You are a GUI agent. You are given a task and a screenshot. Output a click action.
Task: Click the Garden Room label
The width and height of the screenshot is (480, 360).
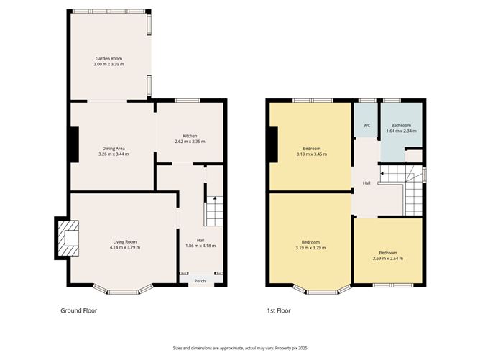click(x=109, y=58)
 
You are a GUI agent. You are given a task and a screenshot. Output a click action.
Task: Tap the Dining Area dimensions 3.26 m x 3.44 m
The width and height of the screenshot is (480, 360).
click(x=114, y=154)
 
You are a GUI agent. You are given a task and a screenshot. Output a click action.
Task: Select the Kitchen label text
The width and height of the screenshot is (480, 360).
click(x=190, y=136)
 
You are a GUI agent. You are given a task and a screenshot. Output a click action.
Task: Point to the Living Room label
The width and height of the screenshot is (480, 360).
click(x=125, y=242)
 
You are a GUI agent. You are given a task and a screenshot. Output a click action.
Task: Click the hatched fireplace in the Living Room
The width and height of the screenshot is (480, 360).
click(x=68, y=238)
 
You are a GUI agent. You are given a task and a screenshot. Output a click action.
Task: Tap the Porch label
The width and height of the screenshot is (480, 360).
click(x=200, y=281)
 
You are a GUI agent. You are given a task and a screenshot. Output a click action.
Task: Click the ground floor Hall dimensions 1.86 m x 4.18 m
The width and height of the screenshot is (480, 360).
click(x=200, y=246)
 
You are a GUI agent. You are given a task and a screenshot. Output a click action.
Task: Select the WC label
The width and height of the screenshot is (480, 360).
click(x=366, y=126)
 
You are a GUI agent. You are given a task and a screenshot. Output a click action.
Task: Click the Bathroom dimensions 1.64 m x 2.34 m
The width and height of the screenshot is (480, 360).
click(x=402, y=131)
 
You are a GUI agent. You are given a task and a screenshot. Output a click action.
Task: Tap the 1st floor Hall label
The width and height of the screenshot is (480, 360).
click(x=366, y=183)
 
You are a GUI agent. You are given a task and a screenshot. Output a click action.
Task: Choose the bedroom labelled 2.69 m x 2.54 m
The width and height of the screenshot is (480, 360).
click(x=388, y=256)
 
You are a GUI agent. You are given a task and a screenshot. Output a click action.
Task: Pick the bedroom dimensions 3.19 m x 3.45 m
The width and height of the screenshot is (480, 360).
click(x=312, y=154)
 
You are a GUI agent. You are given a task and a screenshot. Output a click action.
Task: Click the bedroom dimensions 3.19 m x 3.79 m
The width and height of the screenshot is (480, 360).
click(x=310, y=248)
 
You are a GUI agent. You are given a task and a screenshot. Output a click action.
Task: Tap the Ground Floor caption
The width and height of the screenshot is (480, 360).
click(x=78, y=310)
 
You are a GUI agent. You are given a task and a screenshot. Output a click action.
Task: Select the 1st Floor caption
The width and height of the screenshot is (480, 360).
click(x=279, y=310)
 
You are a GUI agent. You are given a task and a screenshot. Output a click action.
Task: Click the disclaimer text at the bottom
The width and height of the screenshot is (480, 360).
click(x=240, y=348)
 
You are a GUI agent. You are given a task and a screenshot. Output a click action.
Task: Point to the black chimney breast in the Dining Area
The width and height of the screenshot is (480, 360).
click(x=75, y=145)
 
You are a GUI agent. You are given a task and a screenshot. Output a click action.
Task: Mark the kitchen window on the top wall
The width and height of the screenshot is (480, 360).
click(x=188, y=101)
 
